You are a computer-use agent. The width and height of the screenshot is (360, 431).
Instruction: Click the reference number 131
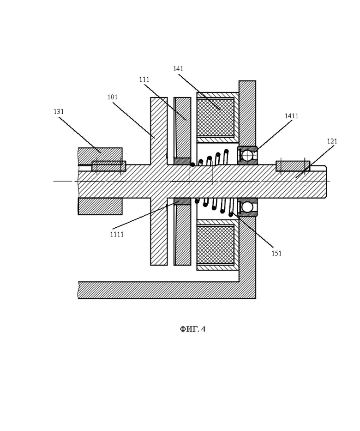[x=59, y=112]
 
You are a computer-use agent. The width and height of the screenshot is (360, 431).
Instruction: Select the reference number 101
[x=112, y=97]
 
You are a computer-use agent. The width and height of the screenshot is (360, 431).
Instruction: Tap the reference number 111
[x=144, y=79]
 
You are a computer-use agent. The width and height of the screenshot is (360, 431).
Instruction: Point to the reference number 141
[x=178, y=69]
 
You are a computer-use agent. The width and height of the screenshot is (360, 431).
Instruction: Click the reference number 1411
[x=291, y=116]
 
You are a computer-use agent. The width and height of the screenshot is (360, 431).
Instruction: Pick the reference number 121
[x=332, y=141]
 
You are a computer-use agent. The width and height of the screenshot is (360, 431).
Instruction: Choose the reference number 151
[x=276, y=254]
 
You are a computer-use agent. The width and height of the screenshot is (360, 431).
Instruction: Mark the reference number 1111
[x=117, y=235]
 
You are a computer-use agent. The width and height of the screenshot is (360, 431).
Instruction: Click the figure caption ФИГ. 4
[x=193, y=329]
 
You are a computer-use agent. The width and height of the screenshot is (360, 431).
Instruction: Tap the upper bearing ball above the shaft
[x=247, y=156]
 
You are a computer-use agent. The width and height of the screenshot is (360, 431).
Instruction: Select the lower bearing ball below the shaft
[x=247, y=207]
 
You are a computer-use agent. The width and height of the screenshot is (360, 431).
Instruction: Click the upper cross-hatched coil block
[x=216, y=118]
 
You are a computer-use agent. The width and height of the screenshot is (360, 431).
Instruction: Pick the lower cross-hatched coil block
[x=216, y=245]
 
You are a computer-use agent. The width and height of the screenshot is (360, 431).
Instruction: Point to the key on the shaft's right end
[x=293, y=166]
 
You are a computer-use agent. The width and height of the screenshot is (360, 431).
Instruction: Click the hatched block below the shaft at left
[x=100, y=206]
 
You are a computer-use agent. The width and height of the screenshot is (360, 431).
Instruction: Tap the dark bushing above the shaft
[x=182, y=161]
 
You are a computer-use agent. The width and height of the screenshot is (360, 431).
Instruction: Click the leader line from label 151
[x=252, y=231]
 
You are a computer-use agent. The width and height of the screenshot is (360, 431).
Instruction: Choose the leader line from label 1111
[x=145, y=215]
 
